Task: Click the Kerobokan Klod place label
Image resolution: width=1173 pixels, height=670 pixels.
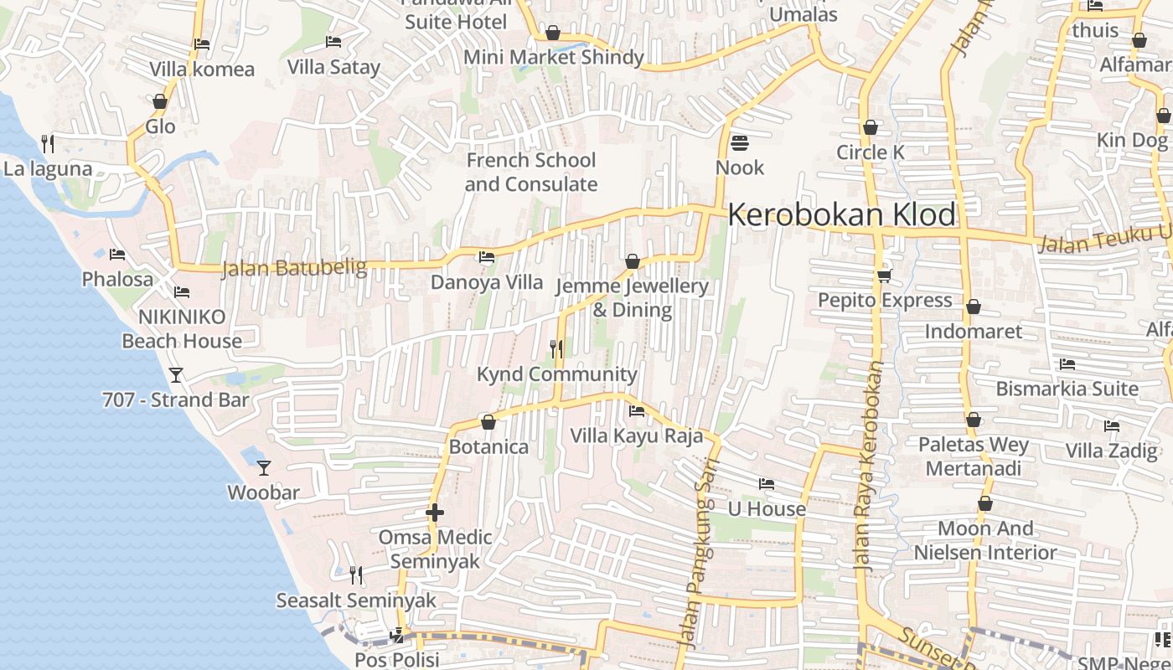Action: [841, 215]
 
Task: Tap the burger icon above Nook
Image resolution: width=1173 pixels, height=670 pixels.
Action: [740, 143]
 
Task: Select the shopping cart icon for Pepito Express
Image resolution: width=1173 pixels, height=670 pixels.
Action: [884, 276]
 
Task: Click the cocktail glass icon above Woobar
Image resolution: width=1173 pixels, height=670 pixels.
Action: [264, 467]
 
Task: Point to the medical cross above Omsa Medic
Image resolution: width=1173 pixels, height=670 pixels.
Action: [434, 512]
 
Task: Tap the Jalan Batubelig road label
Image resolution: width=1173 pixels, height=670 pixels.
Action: [294, 268]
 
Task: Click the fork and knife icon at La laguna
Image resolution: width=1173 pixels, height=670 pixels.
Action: [48, 144]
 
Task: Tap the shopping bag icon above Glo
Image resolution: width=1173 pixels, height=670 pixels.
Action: [160, 102]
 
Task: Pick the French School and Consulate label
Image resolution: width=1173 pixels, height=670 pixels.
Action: [530, 172]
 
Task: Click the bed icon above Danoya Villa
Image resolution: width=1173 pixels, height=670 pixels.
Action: [486, 257]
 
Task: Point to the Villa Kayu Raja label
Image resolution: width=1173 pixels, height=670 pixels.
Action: [636, 435]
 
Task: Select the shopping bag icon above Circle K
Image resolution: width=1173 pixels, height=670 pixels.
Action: [871, 128]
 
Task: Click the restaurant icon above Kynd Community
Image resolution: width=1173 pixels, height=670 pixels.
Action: [556, 348]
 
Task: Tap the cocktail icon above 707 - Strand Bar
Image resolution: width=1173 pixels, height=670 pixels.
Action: [176, 374]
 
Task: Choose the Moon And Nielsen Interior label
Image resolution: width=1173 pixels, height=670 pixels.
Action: [985, 540]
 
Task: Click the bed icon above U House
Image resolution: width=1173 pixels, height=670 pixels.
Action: [766, 484]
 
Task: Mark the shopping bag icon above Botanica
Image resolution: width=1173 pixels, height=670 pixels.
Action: [488, 422]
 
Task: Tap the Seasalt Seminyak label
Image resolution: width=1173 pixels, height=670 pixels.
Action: [357, 600]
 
